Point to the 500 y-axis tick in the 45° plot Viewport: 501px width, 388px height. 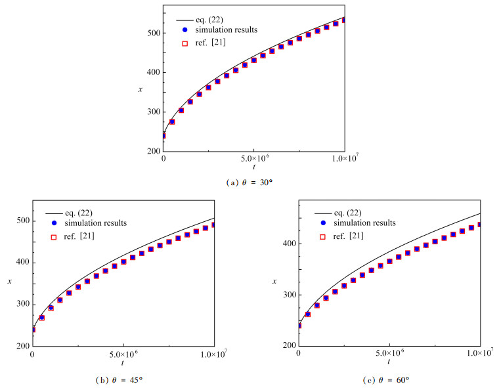click(22, 221)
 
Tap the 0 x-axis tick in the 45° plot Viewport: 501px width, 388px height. click(32, 355)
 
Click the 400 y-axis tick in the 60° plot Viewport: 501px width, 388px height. click(288, 244)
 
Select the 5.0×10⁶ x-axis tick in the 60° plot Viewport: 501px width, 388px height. click(389, 355)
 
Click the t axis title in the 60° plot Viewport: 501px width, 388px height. click(389, 362)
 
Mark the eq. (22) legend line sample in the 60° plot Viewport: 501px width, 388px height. click(322, 212)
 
